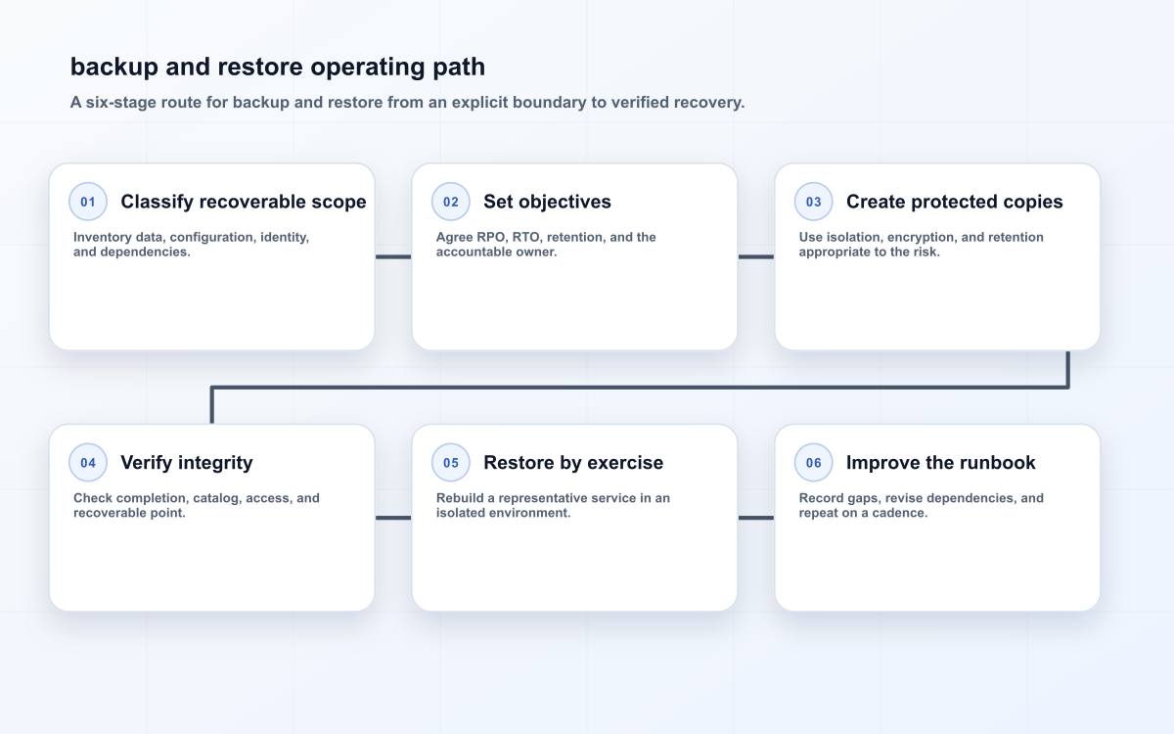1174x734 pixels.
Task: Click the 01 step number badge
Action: (x=88, y=202)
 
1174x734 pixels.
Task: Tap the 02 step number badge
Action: (x=451, y=202)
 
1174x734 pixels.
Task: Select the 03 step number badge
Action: (x=813, y=202)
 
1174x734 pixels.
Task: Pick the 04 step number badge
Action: (x=88, y=462)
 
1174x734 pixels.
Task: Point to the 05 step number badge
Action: (x=451, y=462)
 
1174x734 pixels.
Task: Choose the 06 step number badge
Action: (x=813, y=462)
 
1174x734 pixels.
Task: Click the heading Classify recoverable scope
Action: (x=244, y=202)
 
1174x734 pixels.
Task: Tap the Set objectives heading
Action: (x=547, y=202)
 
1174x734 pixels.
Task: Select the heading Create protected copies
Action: (x=955, y=202)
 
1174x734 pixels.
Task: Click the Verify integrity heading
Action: (x=187, y=463)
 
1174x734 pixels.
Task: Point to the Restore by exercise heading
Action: (x=573, y=463)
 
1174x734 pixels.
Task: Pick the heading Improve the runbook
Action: (x=941, y=463)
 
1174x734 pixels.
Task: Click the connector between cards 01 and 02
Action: (x=393, y=256)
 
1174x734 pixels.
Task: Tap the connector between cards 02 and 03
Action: (x=755, y=256)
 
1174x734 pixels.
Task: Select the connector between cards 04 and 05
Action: (x=393, y=518)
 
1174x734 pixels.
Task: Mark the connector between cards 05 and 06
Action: (x=755, y=518)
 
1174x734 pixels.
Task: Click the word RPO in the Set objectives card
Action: (x=491, y=238)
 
